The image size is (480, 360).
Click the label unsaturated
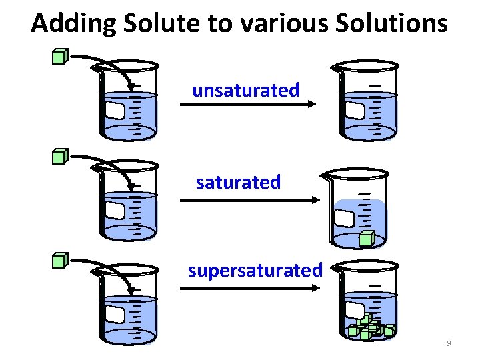click(245, 90)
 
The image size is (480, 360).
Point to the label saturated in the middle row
click(238, 182)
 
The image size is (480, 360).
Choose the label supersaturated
click(255, 271)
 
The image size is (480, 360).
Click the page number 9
click(449, 343)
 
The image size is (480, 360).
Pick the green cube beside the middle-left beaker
click(61, 157)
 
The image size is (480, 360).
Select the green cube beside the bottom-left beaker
click(61, 260)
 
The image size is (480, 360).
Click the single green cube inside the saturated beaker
click(365, 239)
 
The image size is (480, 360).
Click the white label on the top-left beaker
click(115, 111)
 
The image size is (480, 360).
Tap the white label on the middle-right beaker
click(345, 218)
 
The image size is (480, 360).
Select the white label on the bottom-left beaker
click(115, 315)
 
